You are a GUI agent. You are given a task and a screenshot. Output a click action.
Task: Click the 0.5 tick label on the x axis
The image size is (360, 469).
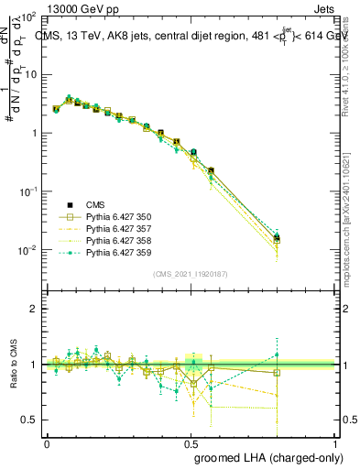point(191,443)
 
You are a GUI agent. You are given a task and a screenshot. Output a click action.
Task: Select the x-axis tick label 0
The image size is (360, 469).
point(47,443)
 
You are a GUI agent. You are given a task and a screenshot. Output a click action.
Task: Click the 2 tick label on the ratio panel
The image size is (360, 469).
point(35,309)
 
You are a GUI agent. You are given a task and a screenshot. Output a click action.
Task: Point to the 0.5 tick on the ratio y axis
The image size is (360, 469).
point(30,420)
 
